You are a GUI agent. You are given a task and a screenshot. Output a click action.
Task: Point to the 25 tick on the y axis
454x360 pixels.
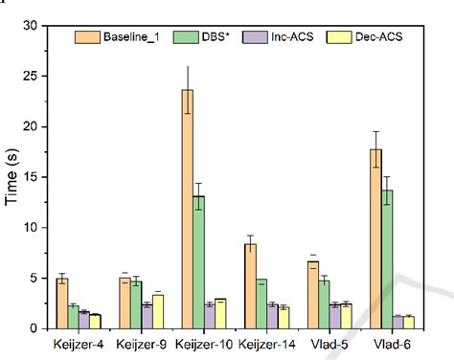click(x=44, y=75)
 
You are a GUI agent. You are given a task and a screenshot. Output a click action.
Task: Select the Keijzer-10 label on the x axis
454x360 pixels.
click(x=206, y=343)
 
